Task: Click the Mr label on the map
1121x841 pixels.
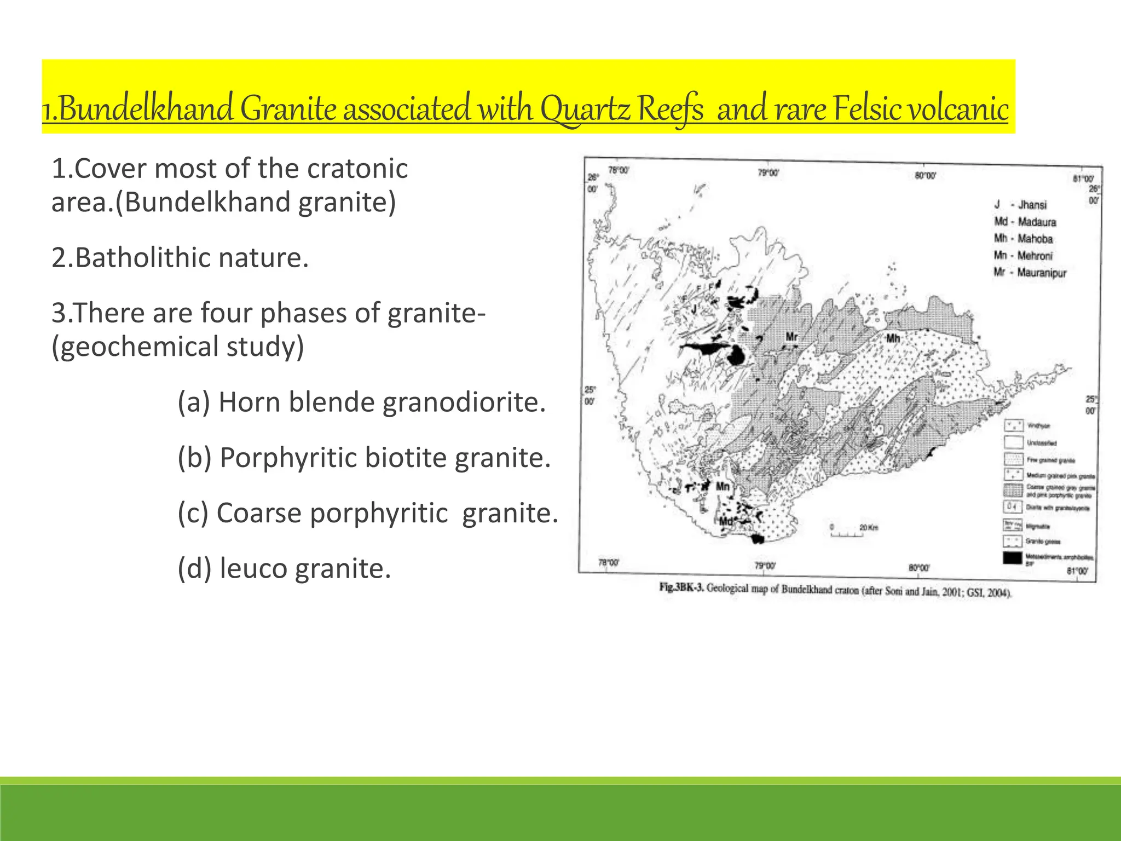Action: click(791, 336)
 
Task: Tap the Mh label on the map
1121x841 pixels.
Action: click(893, 338)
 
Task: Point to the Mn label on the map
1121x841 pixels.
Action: click(723, 486)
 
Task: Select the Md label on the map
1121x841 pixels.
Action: click(725, 521)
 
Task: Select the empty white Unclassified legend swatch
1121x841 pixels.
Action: click(1013, 442)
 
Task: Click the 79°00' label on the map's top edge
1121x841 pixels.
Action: click(768, 173)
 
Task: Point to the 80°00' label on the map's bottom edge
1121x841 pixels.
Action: click(919, 568)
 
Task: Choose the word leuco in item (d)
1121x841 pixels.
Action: click(253, 568)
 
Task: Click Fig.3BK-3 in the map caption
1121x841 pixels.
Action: click(680, 588)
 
